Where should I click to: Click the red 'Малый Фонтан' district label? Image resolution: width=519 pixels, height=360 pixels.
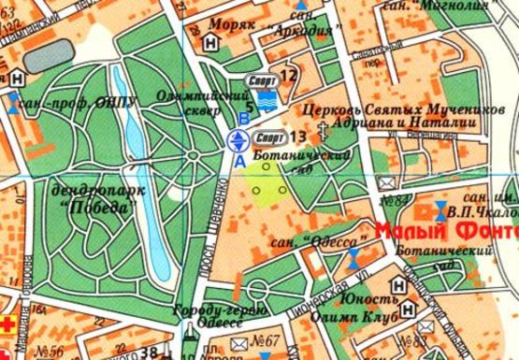tap(447, 230)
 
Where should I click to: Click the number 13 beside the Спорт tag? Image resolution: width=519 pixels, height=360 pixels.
tap(297, 139)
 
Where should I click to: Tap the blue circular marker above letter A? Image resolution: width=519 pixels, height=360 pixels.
tap(238, 141)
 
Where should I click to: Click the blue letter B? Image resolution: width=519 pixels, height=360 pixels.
tap(244, 118)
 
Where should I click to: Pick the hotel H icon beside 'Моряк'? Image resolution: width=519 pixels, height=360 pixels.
tap(211, 43)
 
